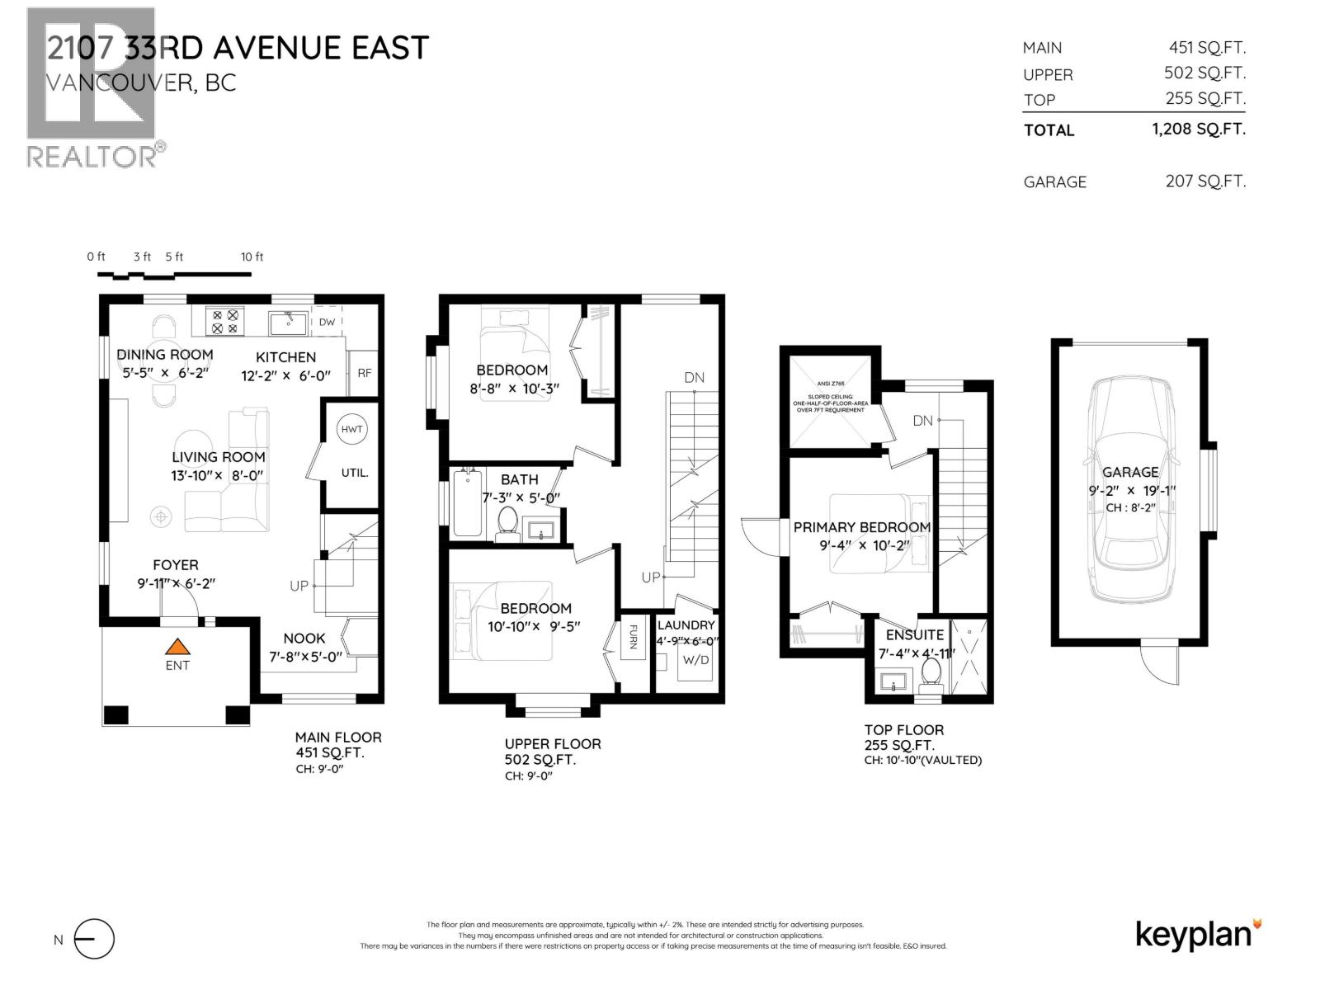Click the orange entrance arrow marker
pos(177,647)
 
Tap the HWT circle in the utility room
pos(351,429)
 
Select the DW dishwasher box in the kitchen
pos(328,322)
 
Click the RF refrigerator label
pos(364,373)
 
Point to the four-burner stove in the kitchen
pos(226,321)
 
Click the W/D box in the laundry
pos(695,660)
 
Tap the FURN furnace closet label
pos(633,637)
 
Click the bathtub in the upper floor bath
pos(468,504)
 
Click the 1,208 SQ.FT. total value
pos(1198,129)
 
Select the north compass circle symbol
pos(94,939)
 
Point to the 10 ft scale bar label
pos(252,257)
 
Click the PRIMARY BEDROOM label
pos(861,527)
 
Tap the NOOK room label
pos(304,639)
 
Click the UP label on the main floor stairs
pos(299,586)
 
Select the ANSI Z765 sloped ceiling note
pos(830,399)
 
